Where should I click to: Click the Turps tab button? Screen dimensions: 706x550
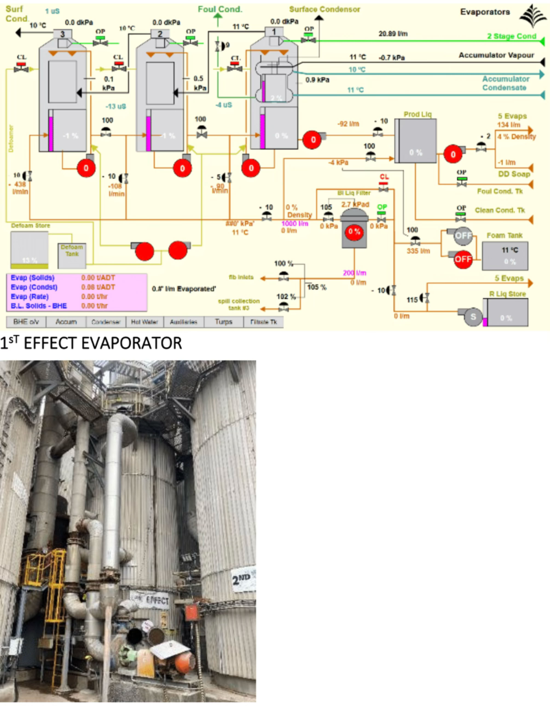[x=223, y=322]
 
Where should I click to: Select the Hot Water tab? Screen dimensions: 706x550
[x=144, y=322]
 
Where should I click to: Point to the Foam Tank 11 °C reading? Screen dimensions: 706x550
[x=509, y=250]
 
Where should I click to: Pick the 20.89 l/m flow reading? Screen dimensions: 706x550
[x=393, y=34]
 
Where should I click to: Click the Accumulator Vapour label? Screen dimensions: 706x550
[x=496, y=55]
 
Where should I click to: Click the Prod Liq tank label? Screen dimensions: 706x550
[x=417, y=115]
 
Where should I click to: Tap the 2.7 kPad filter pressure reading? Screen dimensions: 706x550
[x=355, y=204]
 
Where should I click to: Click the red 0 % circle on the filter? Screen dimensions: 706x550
[x=354, y=231]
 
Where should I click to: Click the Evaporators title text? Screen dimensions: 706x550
[x=485, y=12]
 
